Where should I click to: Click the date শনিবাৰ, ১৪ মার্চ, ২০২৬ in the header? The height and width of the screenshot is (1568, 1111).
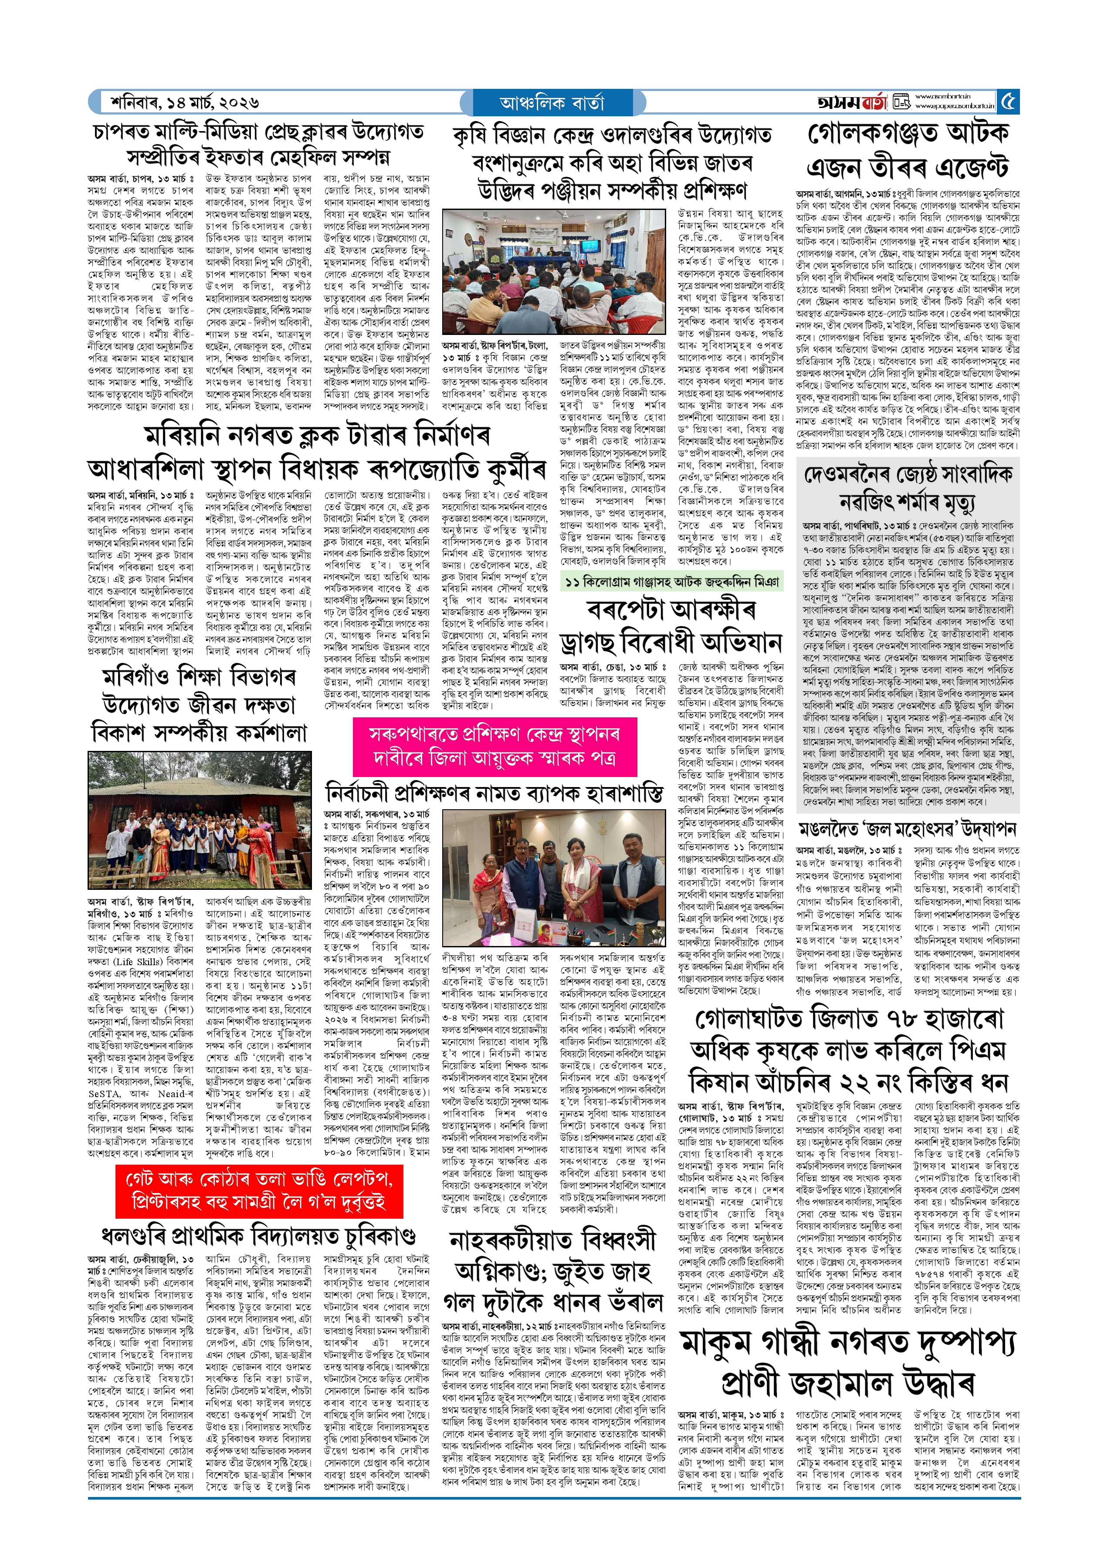(185, 102)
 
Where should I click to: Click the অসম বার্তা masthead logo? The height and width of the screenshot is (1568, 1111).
(852, 102)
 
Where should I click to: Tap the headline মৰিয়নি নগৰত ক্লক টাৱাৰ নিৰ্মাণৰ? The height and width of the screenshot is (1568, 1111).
(318, 436)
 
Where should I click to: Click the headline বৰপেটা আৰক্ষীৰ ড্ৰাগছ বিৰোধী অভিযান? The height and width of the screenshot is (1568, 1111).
(671, 626)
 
